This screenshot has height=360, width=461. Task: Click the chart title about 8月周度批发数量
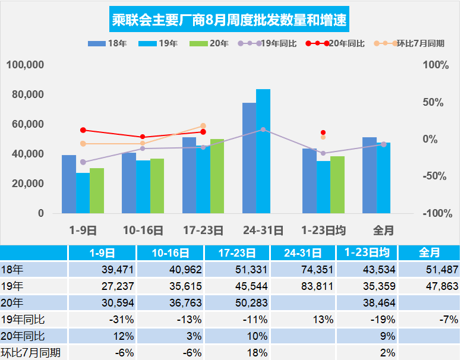coord(230,21)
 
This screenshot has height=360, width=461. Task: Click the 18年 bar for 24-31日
coord(249,158)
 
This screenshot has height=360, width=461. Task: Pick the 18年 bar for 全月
coord(370,175)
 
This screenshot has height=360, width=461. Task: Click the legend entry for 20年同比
coord(335,43)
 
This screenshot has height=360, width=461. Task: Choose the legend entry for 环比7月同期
coord(410,43)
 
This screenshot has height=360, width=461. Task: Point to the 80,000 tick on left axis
coord(27,94)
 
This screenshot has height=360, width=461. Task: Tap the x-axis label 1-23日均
coord(323,230)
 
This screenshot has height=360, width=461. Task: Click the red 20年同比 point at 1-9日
coord(83,130)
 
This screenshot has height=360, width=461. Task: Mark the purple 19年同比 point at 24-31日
coord(263,130)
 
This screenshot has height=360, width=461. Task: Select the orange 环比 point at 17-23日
coord(203,126)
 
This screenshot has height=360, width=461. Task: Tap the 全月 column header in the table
coord(429,252)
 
